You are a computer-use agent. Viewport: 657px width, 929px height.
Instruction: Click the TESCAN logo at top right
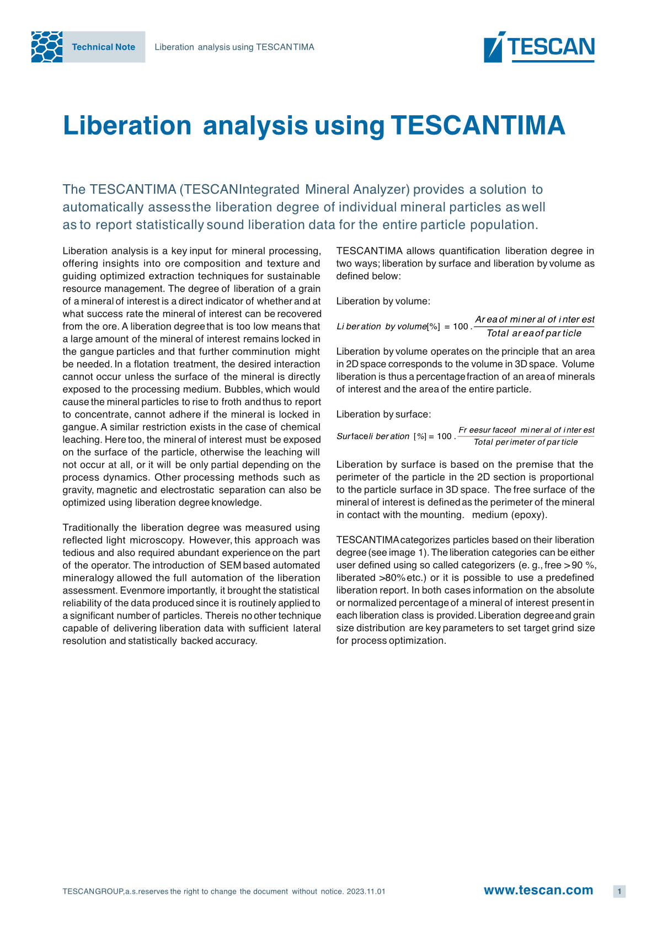pos(539,47)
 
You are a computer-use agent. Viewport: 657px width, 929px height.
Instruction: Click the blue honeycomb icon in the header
pos(47,47)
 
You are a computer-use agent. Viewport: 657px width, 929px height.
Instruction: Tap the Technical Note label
pos(103,47)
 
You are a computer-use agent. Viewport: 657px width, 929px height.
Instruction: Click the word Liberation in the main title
pos(127,125)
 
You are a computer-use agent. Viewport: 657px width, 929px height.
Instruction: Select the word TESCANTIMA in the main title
pos(478,125)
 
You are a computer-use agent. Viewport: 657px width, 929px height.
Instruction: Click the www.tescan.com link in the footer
pos(538,890)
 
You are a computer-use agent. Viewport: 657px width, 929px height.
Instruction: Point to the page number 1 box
pos(619,891)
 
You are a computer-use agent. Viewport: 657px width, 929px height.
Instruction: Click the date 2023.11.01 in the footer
pos(366,891)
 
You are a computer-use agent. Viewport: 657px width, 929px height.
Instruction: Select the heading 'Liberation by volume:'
pos(383,301)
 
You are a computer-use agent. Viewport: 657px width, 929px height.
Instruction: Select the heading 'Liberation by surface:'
pos(383,414)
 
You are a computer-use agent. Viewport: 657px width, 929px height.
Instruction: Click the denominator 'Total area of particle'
pos(533,333)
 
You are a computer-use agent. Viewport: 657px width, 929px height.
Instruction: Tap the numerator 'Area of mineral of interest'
pos(535,319)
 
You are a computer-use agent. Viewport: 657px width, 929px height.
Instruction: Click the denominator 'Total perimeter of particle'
pos(526,442)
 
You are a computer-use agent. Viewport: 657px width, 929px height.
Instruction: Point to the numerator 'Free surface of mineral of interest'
pos(526,430)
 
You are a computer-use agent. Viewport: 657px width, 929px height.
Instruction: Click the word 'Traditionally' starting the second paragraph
pos(90,527)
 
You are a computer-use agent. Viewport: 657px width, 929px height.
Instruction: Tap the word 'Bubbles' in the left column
pos(243,389)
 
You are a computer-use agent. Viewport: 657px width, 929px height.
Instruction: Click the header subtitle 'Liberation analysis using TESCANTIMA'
pos(234,47)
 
